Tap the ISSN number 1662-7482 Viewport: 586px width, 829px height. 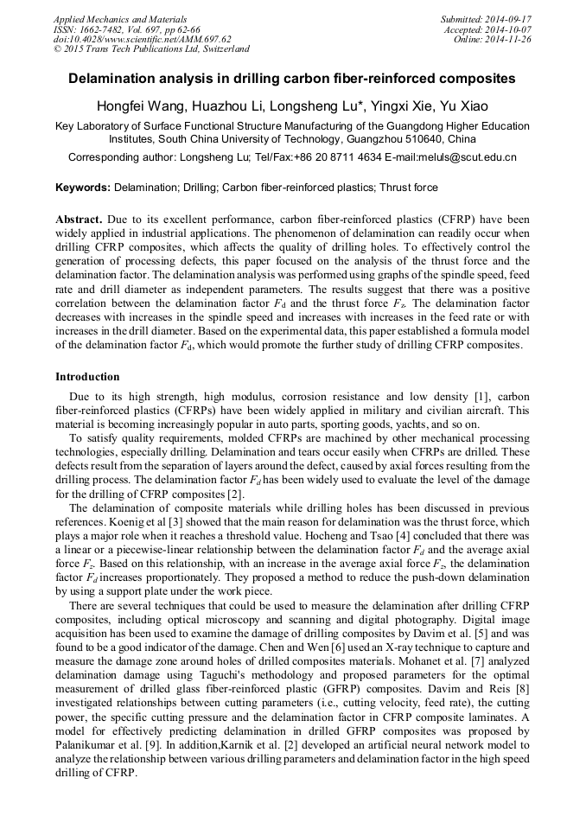point(109,29)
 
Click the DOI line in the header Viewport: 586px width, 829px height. point(142,39)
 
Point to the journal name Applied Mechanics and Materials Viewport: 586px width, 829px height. point(121,19)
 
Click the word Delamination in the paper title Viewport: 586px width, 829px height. point(111,79)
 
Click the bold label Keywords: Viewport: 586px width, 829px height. point(83,187)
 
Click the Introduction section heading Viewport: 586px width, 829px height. point(87,377)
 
